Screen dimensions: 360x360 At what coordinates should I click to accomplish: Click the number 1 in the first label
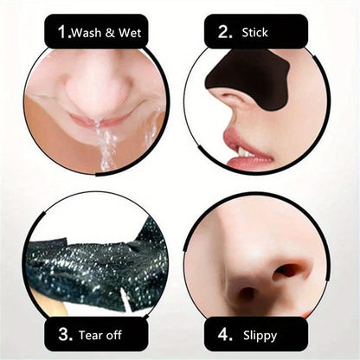[62, 33]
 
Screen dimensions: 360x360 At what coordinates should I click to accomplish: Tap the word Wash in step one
[86, 34]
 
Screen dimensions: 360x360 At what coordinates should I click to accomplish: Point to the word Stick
[255, 34]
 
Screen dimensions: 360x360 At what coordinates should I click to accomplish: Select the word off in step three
[124, 333]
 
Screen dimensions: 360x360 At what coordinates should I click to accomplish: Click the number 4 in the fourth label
[223, 333]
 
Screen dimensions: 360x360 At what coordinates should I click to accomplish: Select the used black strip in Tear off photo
[95, 260]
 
